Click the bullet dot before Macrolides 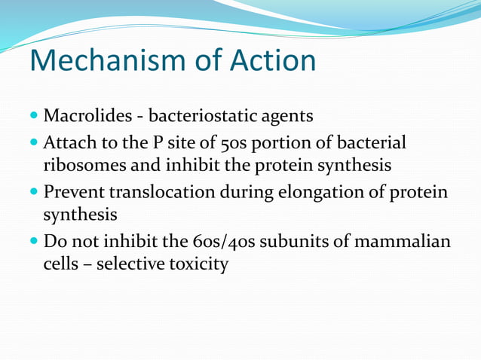(x=35, y=117)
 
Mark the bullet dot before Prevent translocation (x=35, y=192)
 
